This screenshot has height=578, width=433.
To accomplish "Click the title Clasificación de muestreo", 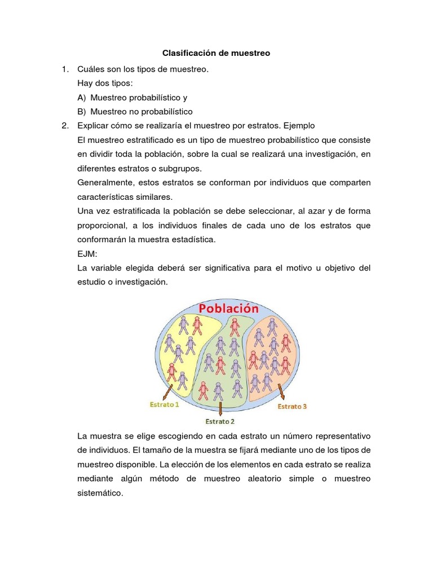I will click(216, 53).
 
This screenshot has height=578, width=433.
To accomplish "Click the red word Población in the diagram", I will click(228, 309).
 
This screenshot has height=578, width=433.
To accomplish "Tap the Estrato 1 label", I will click(164, 405).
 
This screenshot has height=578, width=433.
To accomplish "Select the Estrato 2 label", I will click(220, 421).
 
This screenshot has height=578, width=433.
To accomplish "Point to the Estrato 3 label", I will click(292, 406).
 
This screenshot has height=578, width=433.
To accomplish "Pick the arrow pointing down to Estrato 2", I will click(220, 408).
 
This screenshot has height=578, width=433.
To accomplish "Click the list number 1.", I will click(65, 69).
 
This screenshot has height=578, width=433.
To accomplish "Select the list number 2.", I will click(65, 125).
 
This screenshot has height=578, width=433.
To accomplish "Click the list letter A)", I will click(82, 98).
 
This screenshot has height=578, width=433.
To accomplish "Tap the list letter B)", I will click(82, 111).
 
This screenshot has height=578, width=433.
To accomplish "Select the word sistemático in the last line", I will click(100, 493).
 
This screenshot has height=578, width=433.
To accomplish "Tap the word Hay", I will click(85, 84).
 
